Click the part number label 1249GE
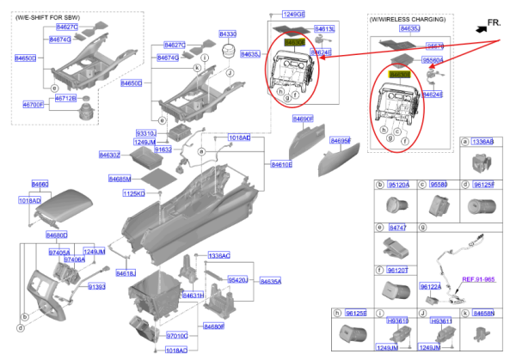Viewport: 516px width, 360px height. [x=294, y=15]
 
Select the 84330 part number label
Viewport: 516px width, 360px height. [x=228, y=34]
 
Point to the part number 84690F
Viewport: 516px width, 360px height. [x=303, y=119]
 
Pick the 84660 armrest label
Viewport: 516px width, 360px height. [x=40, y=184]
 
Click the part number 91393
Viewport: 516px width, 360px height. [x=96, y=287]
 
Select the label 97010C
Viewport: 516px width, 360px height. [x=177, y=336]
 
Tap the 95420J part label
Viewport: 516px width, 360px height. [x=237, y=280]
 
